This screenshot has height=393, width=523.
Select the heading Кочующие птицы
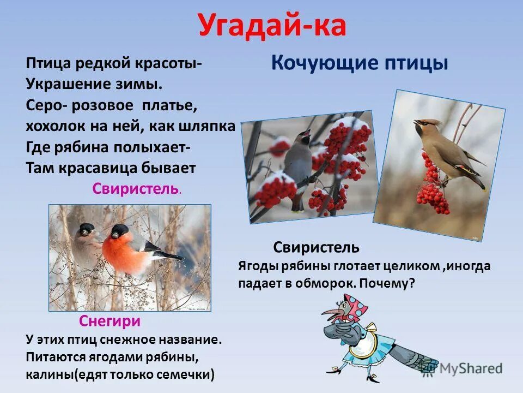click(359, 63)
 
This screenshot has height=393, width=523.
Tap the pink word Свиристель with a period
click(136, 189)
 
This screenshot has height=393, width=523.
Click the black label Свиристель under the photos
click(316, 247)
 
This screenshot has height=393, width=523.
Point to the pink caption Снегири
click(110, 321)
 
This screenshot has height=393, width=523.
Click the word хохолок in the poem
click(51, 127)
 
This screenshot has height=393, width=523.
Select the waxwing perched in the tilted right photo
click(447, 150)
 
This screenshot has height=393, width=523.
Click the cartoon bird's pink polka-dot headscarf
click(354, 308)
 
